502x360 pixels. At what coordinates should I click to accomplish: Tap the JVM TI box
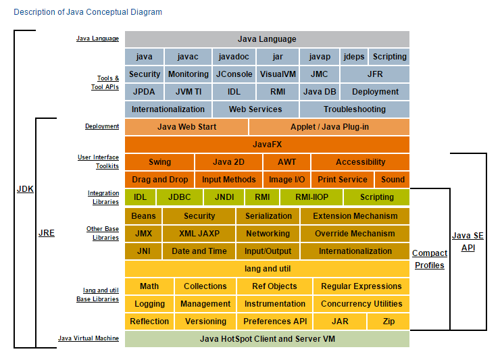(x=188, y=92)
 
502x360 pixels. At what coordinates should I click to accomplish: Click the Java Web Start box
(x=186, y=127)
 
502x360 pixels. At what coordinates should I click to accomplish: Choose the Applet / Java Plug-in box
(x=329, y=127)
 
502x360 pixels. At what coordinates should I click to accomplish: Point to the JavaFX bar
(x=267, y=145)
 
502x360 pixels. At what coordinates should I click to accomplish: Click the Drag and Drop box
(x=159, y=180)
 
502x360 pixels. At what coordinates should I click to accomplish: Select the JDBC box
(x=179, y=197)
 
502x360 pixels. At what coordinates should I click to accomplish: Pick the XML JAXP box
(x=199, y=234)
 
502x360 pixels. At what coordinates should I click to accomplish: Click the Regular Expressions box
(x=361, y=286)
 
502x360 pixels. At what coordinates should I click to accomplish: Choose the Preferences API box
(x=274, y=322)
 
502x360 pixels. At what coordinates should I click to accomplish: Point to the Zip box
(x=388, y=322)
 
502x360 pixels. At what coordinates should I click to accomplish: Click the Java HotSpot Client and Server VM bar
(x=267, y=339)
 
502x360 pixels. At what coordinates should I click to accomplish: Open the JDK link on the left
(x=25, y=189)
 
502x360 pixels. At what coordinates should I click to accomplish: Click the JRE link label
(x=46, y=233)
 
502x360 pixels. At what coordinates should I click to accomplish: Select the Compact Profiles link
(x=430, y=259)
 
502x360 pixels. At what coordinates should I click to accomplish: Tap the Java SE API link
(x=468, y=242)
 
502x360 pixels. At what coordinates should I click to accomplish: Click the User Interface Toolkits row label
(x=98, y=162)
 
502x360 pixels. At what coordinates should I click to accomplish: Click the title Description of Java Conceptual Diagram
(x=88, y=12)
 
